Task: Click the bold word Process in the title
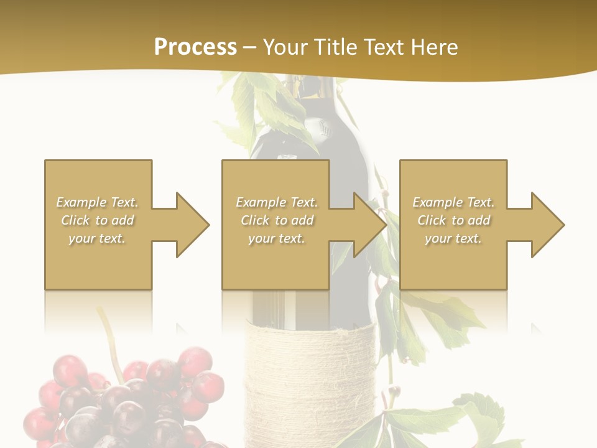[x=195, y=47]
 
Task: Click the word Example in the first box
[x=81, y=202]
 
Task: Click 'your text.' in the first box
[x=98, y=238]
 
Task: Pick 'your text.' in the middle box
[x=276, y=238]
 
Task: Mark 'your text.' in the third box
[x=453, y=238]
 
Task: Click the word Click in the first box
[x=76, y=220]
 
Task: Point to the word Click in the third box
[x=432, y=220]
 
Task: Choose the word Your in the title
[x=285, y=47]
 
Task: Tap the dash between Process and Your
[x=250, y=47]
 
